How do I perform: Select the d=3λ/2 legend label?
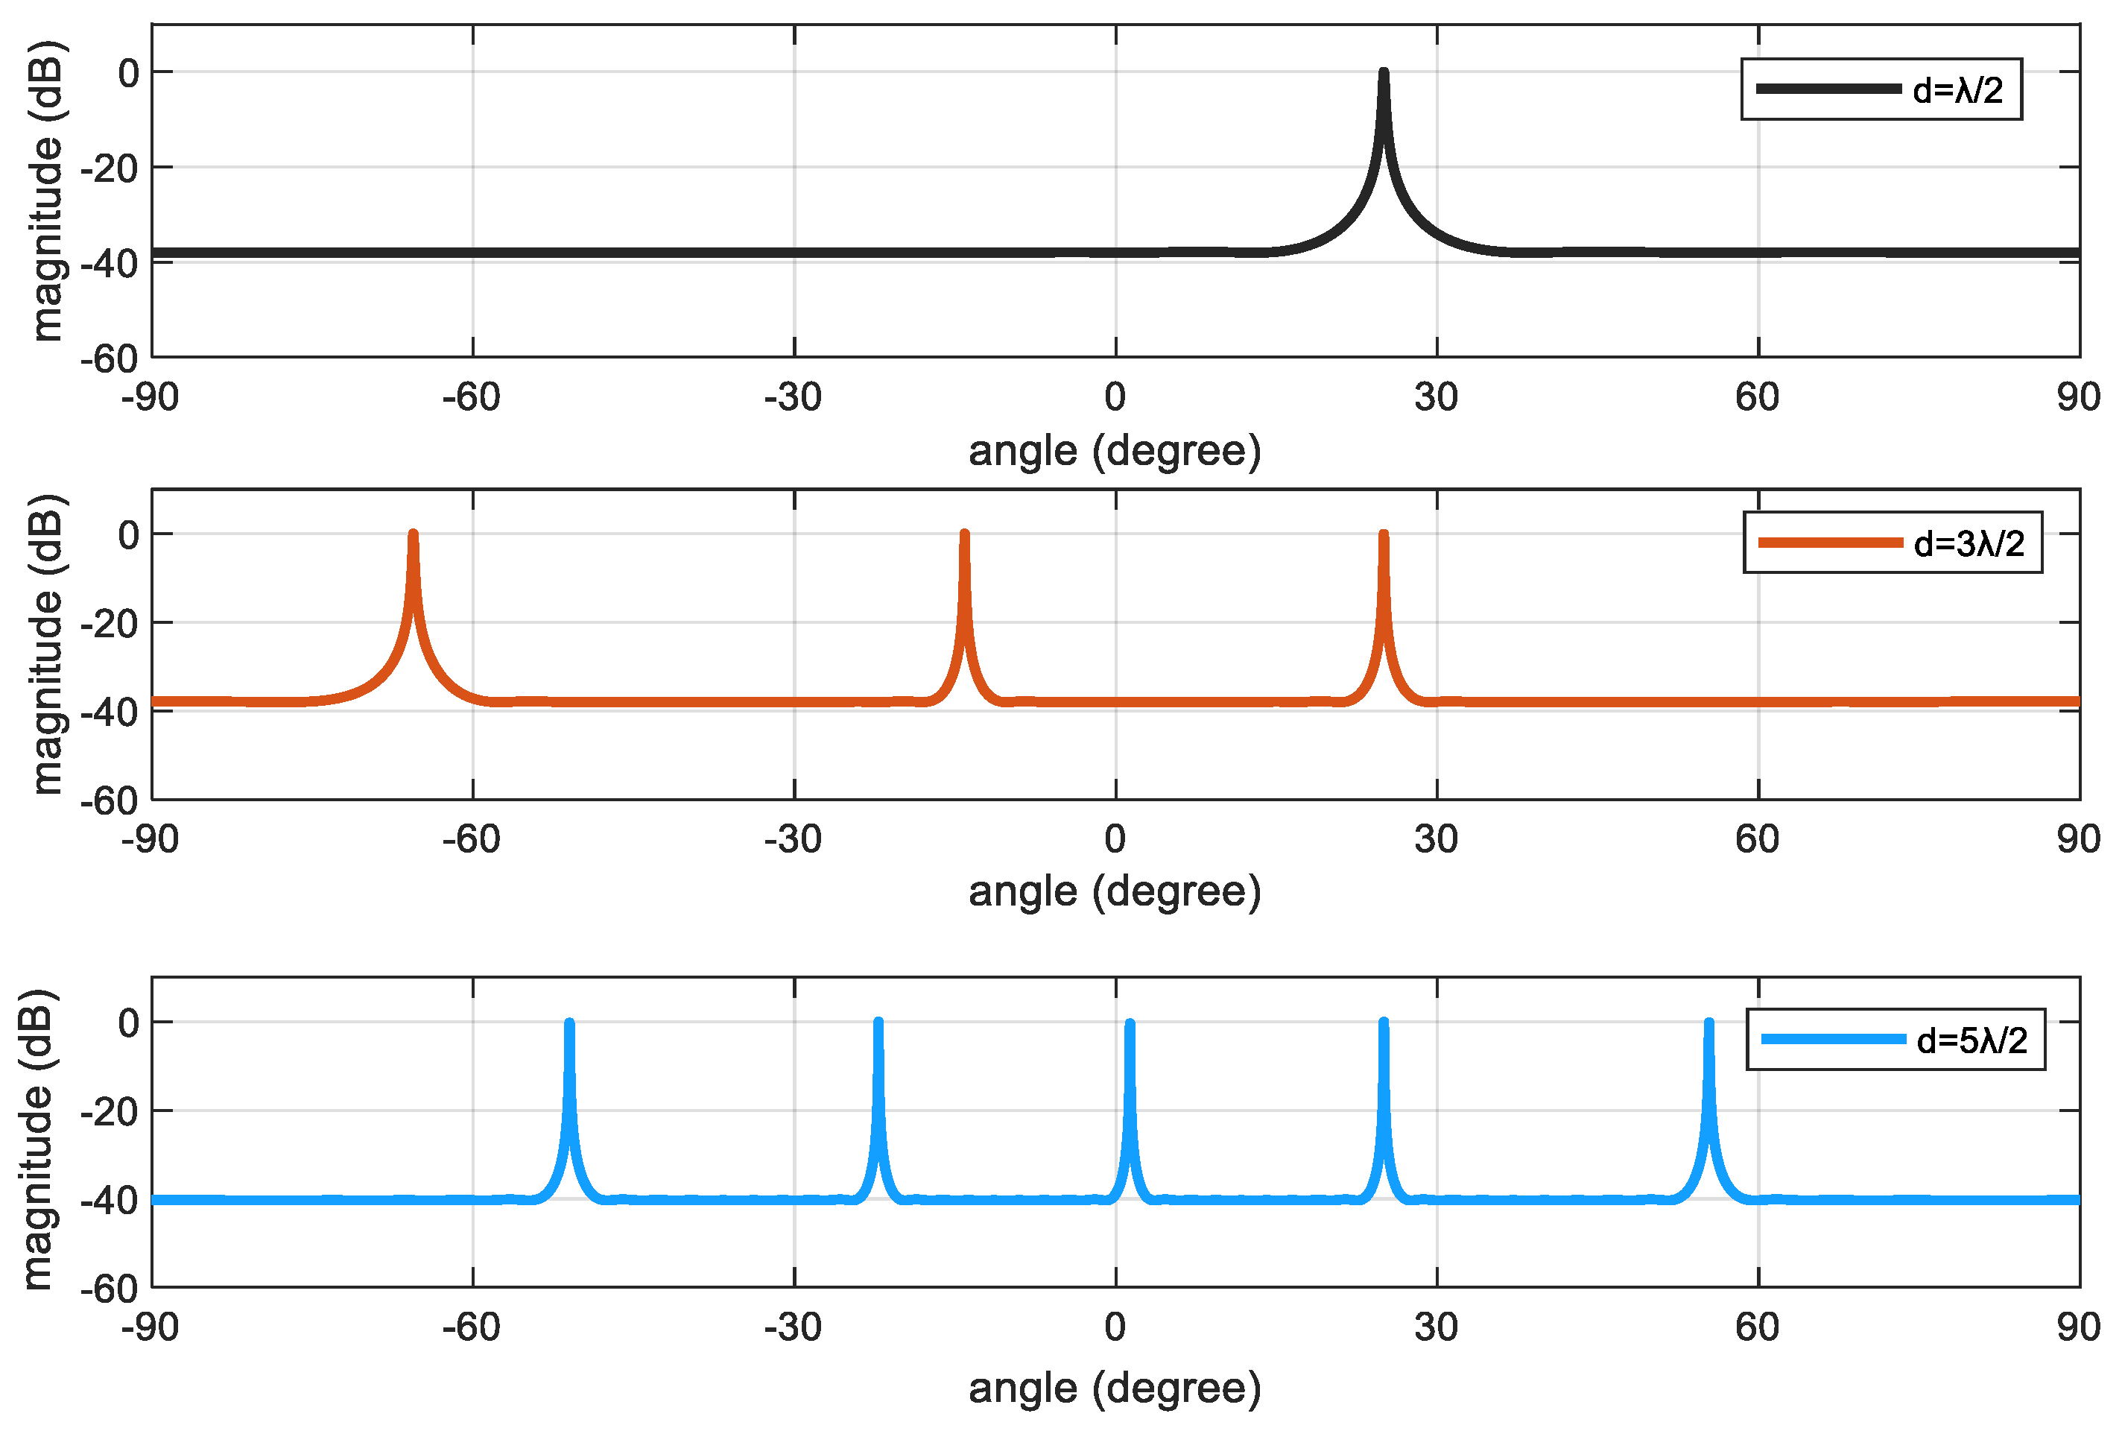click(1969, 544)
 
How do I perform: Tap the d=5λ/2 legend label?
click(1971, 1040)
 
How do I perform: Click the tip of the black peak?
click(1383, 72)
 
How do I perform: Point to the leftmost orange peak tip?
click(414, 534)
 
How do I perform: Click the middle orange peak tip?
click(964, 534)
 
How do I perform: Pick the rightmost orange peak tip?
click(1383, 534)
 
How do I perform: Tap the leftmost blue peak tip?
click(569, 1023)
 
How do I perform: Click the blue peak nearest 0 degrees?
click(1130, 1024)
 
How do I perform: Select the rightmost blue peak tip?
click(1708, 1023)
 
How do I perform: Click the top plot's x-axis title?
click(1115, 451)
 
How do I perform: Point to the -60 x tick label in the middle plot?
click(472, 838)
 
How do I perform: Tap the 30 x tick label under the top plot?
click(1436, 397)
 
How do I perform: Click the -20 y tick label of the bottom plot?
click(110, 1111)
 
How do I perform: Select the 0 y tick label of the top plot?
click(129, 73)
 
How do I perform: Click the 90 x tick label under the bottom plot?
click(2078, 1327)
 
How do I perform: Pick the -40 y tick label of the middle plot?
click(110, 712)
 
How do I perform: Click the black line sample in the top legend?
click(1828, 89)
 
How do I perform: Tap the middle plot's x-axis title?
click(1115, 891)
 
